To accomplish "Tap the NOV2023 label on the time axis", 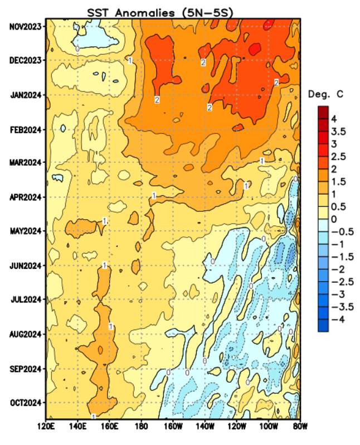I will click(26, 26).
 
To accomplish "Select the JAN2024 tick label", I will click(26, 95).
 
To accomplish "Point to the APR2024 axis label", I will click(26, 197).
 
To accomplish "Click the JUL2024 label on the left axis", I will click(26, 299).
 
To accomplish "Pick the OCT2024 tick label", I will click(26, 402).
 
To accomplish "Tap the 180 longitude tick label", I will click(141, 427).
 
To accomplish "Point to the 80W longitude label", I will click(300, 427).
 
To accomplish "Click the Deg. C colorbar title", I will click(326, 95).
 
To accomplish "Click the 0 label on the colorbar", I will click(334, 219).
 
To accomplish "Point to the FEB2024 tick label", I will click(26, 129).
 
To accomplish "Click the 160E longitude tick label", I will click(109, 427).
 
